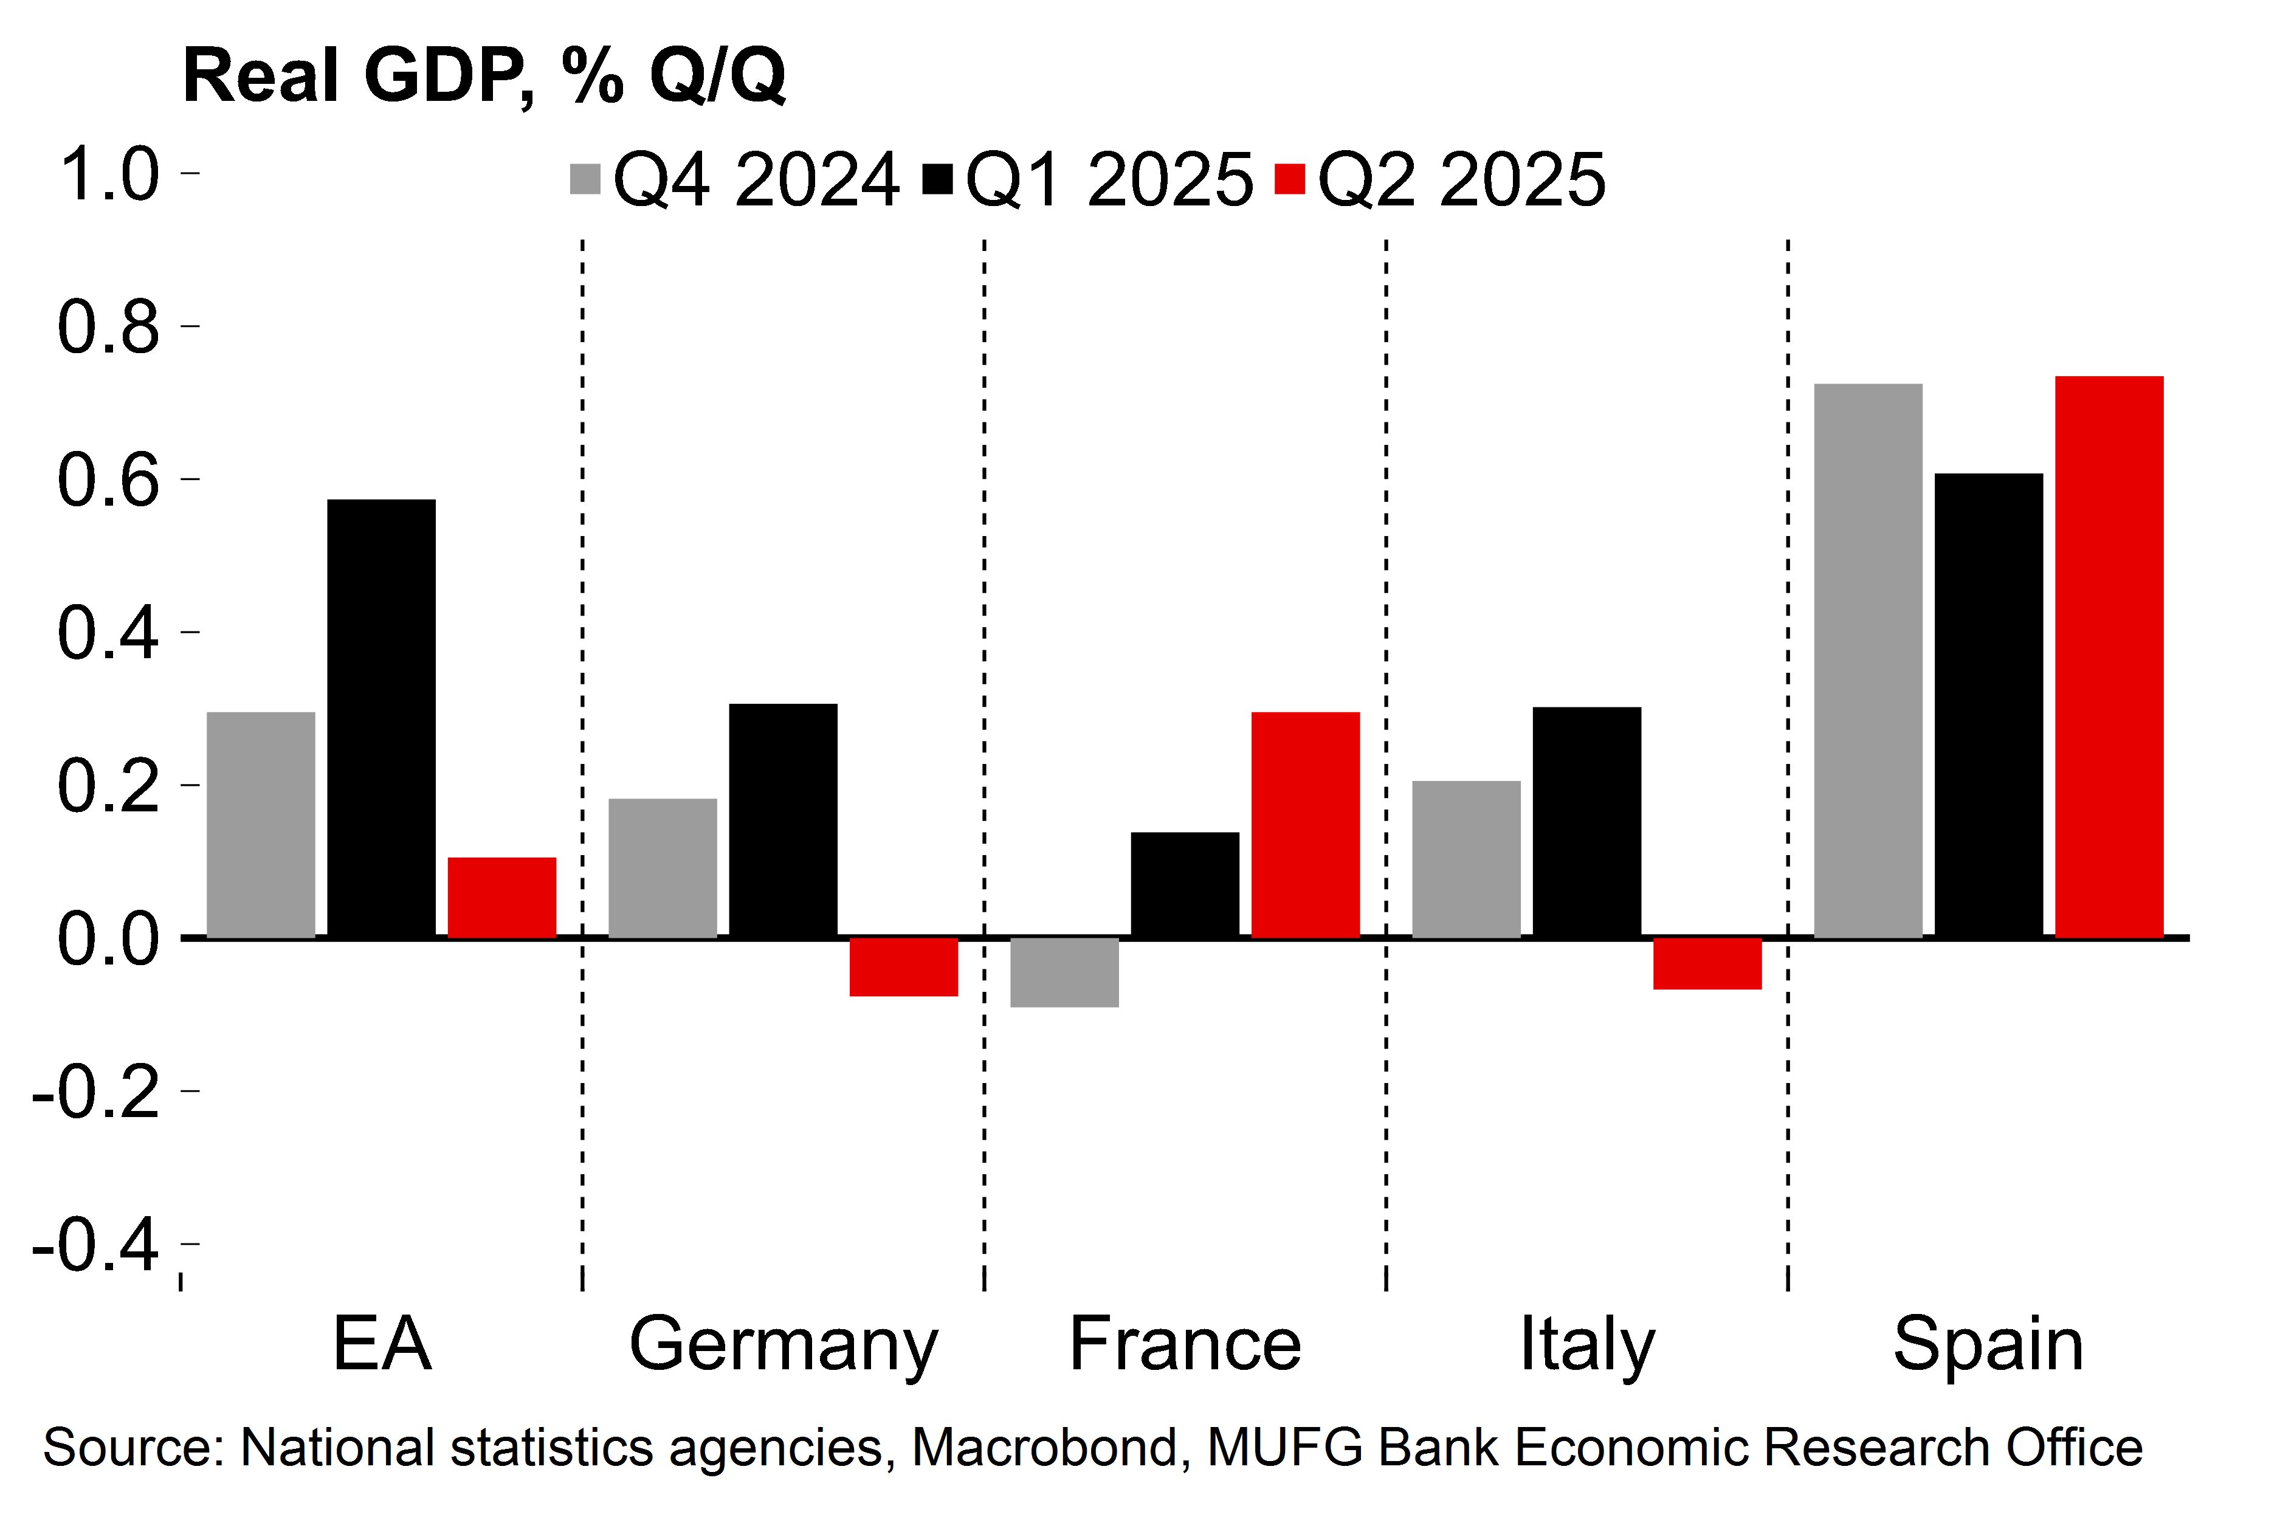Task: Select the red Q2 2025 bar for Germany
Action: (x=903, y=966)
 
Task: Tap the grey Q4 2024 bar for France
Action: (x=1064, y=972)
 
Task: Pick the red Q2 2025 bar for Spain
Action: (x=2109, y=656)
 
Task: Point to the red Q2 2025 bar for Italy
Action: (x=1707, y=963)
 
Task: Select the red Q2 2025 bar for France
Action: (x=1305, y=825)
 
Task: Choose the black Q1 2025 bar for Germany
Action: (x=784, y=820)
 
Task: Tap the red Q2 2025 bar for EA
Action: (x=502, y=898)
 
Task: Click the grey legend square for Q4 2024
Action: (x=585, y=179)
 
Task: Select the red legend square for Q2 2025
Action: (x=1289, y=179)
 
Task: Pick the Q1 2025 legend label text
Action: (x=1109, y=181)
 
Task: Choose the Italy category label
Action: (x=1587, y=1344)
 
